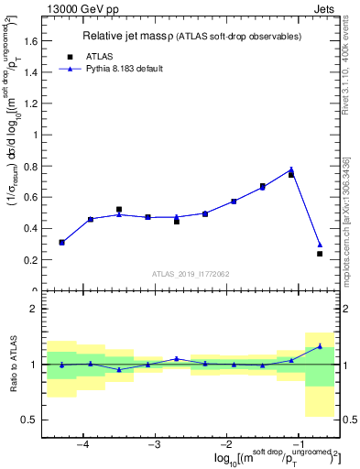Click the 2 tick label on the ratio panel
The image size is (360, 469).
point(35,310)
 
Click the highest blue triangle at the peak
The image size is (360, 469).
point(291,169)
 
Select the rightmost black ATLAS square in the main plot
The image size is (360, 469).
point(320,254)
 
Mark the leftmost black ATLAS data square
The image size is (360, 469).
point(61,243)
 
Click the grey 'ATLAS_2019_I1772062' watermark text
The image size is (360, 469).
point(191,273)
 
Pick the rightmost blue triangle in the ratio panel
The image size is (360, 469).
point(320,346)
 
